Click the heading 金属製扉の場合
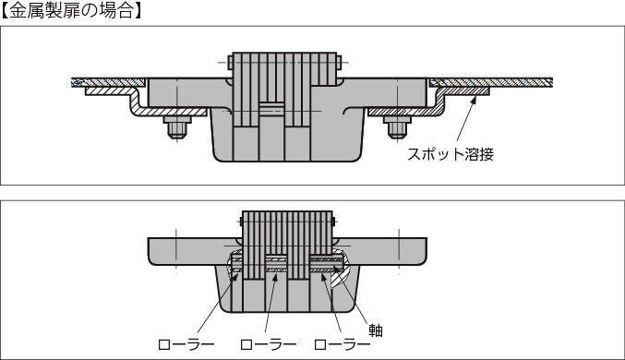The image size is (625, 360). (71, 10)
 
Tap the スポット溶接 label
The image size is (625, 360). (451, 154)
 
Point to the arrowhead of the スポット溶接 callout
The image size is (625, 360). (474, 99)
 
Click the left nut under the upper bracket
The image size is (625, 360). (177, 126)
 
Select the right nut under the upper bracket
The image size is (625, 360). (397, 126)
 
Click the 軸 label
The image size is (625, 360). (376, 330)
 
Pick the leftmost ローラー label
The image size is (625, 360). (186, 344)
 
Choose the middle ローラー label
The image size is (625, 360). (269, 344)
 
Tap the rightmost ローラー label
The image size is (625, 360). (342, 344)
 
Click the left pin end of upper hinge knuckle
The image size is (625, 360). (231, 63)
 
